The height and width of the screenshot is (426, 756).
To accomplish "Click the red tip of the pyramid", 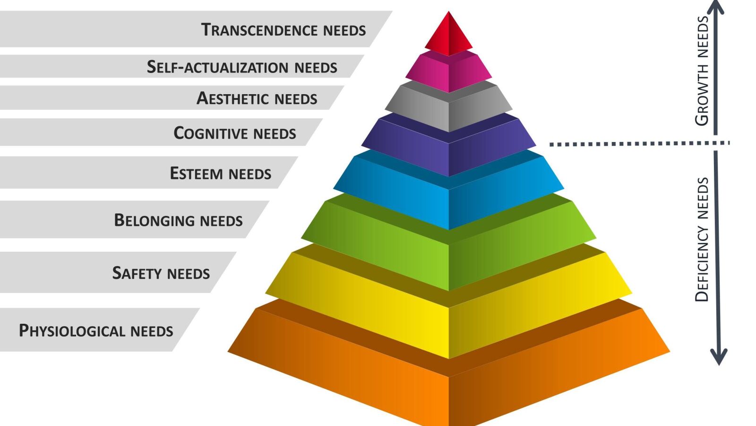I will [448, 35].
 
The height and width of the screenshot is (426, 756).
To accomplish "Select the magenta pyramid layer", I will [448, 73].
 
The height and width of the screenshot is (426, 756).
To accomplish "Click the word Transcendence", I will [260, 30].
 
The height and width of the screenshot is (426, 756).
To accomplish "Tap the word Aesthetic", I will [233, 98].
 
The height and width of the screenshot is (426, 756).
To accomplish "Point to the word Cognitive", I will [211, 133].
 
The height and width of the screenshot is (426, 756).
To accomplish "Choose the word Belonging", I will [155, 220].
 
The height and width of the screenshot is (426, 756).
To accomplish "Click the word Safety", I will [137, 273].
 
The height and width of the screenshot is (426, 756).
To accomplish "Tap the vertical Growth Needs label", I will [702, 71].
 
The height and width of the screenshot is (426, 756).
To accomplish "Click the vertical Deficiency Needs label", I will [702, 239].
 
